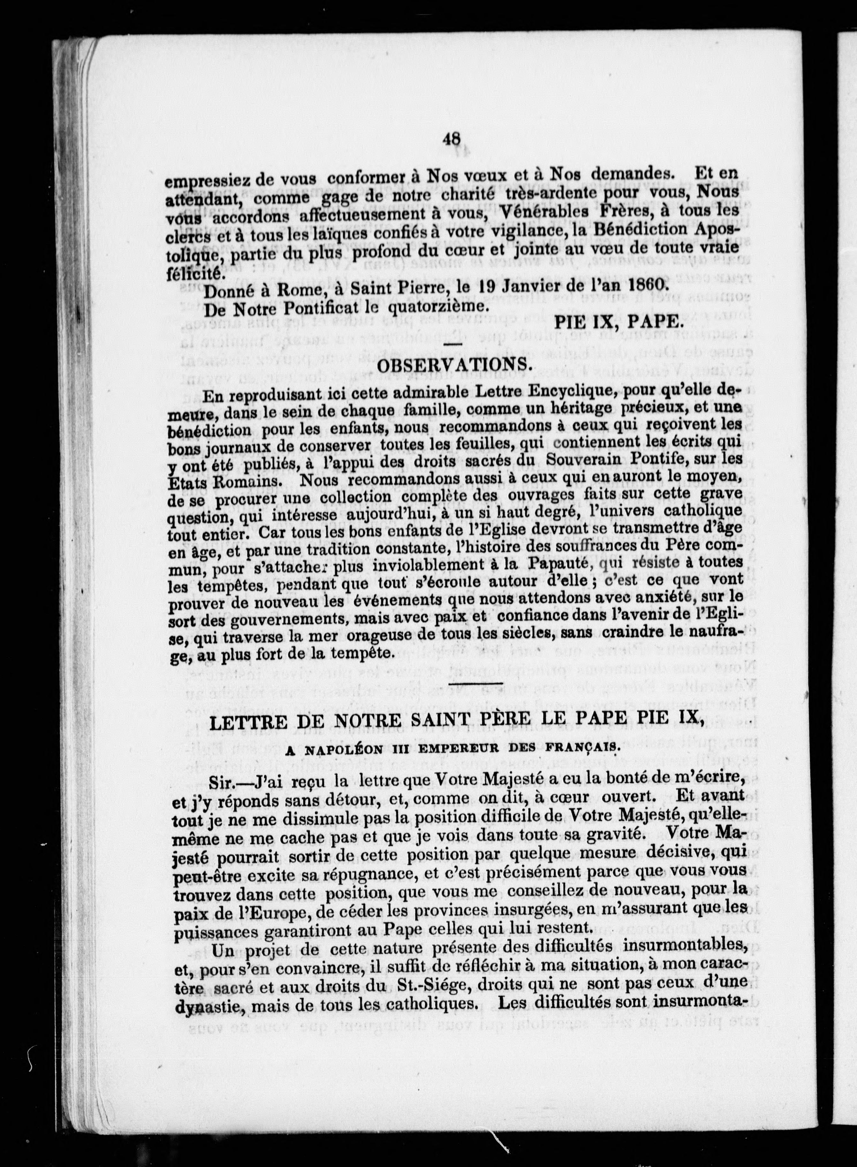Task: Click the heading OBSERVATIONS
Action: click(x=454, y=366)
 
